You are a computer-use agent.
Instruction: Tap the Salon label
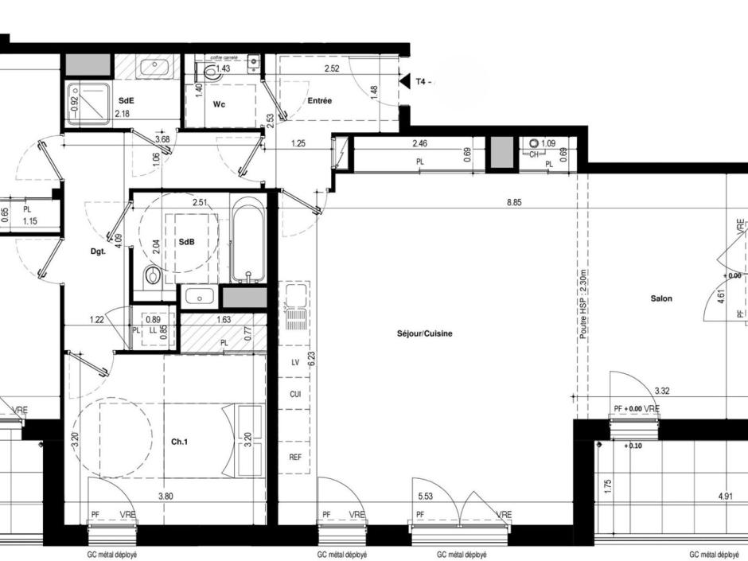click(660, 298)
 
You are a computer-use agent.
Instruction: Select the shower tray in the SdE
click(90, 104)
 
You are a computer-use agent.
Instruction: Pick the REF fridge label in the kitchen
click(294, 458)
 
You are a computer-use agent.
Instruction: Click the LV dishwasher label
click(294, 362)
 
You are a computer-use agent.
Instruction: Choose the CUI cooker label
click(294, 394)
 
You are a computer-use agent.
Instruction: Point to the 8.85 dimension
click(516, 203)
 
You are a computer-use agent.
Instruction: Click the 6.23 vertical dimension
click(313, 358)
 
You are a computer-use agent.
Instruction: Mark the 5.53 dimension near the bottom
click(425, 496)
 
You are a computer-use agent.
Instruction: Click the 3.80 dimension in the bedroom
click(166, 496)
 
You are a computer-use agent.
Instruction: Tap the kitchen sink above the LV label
click(294, 307)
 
